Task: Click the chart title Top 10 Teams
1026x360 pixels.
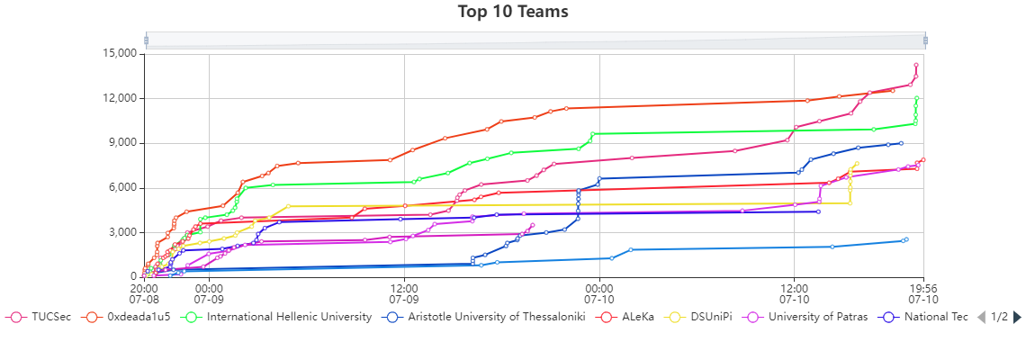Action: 513,12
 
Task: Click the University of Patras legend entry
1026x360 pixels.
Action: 805,317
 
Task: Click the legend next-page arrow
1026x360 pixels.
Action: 1017,317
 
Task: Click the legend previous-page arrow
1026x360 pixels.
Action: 981,317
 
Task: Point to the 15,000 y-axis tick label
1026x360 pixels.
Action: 118,53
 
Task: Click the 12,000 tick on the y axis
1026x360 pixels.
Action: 118,98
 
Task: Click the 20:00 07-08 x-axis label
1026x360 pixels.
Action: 144,292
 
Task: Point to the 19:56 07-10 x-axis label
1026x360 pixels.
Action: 923,292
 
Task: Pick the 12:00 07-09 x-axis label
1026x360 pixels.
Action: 404,292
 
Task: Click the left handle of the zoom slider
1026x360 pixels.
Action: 146,40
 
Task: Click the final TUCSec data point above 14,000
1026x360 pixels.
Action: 916,65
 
